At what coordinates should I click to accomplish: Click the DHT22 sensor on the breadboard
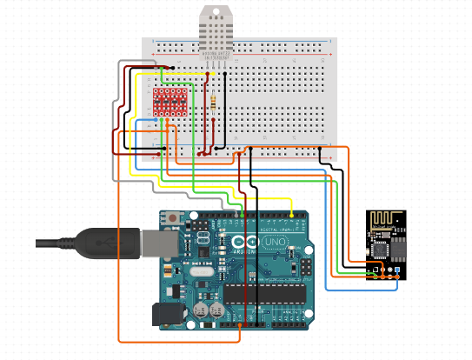(216, 35)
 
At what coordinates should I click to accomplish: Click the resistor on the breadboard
(215, 103)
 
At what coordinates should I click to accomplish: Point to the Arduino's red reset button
(176, 218)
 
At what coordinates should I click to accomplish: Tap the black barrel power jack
(165, 314)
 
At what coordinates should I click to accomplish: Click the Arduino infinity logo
(246, 243)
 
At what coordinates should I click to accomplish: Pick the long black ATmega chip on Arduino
(265, 293)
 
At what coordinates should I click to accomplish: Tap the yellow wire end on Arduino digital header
(292, 214)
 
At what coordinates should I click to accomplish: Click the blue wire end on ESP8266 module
(397, 271)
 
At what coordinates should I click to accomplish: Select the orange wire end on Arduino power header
(238, 325)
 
